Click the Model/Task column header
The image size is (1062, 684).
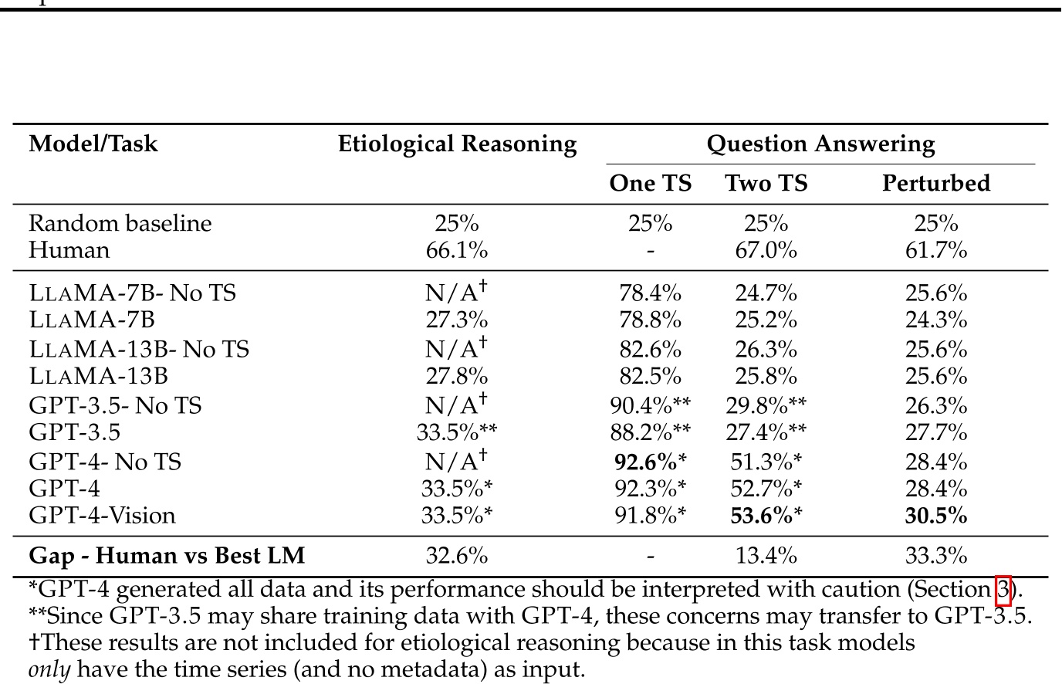point(93,144)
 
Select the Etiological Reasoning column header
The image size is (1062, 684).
point(457,144)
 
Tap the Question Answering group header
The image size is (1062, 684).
point(820,144)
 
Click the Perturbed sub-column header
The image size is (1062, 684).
point(935,183)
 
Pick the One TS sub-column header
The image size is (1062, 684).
point(650,183)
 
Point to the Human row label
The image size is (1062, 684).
point(69,250)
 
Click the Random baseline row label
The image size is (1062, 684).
point(120,223)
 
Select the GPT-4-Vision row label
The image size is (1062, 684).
point(102,515)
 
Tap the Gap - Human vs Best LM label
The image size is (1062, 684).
point(167,555)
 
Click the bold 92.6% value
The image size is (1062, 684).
point(645,462)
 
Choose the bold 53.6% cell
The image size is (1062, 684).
point(761,515)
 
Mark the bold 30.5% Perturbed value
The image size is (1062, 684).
point(935,515)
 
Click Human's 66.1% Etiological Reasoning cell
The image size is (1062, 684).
point(457,250)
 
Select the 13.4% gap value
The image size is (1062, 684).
point(766,555)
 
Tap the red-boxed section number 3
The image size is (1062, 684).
point(1003,590)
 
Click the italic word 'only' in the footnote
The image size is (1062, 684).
point(49,669)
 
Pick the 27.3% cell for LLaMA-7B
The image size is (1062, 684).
point(457,320)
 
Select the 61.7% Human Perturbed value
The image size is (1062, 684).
point(935,250)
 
